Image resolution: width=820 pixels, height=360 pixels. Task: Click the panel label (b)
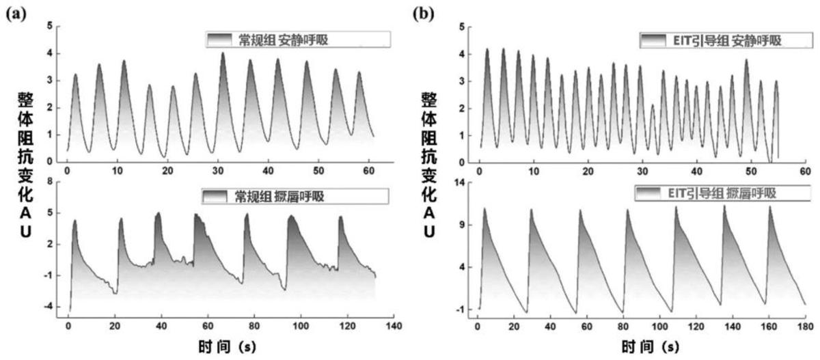(x=424, y=12)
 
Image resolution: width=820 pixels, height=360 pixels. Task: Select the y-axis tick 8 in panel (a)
(x=50, y=181)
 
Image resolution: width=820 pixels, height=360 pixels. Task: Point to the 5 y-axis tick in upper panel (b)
(x=463, y=27)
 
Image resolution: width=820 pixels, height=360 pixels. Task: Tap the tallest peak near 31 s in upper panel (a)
(x=223, y=53)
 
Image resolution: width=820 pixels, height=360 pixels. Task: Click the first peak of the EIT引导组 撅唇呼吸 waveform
(x=484, y=208)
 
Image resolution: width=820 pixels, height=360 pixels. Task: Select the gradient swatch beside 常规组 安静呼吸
(x=220, y=40)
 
